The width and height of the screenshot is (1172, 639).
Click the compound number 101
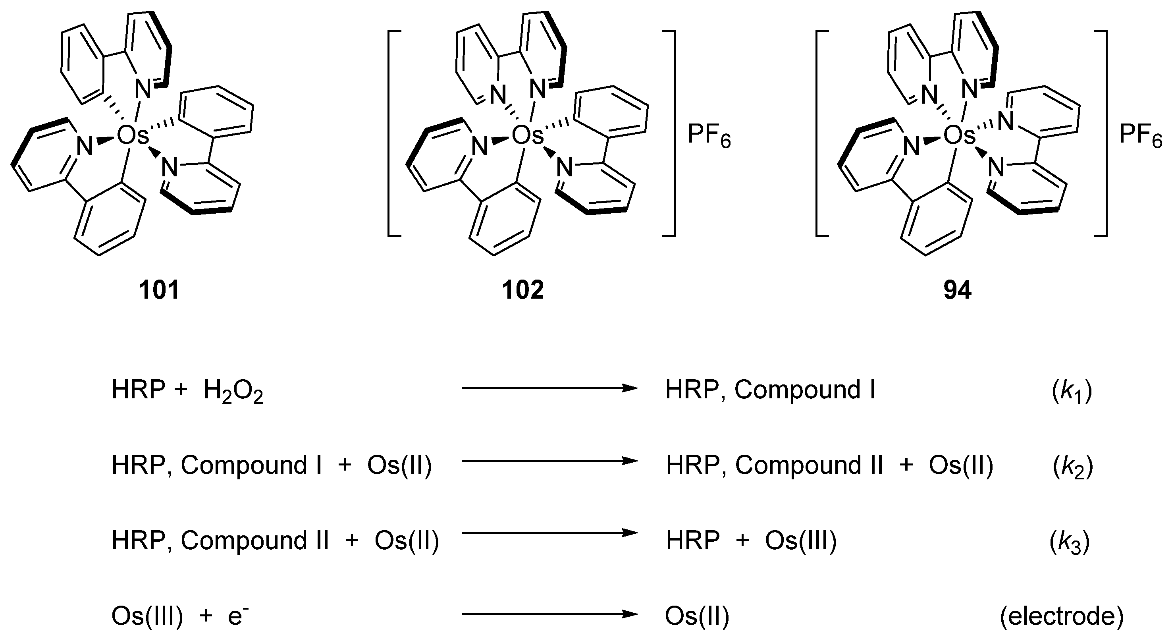tap(159, 290)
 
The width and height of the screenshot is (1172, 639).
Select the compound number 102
tap(523, 290)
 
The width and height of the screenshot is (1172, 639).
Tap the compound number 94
tap(957, 290)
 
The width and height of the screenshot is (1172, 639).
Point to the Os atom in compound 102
tap(527, 136)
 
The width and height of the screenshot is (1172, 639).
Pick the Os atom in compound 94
tap(959, 136)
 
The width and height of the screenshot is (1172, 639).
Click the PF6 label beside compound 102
tap(709, 136)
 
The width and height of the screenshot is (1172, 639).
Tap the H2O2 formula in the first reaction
tap(233, 392)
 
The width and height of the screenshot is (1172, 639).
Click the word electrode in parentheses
tap(1062, 617)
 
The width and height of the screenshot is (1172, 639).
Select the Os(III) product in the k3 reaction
tap(801, 541)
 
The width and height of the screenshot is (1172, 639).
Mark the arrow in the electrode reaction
tap(549, 614)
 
